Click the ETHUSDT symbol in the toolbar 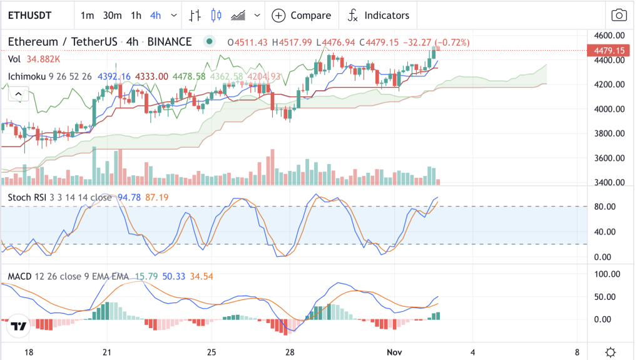(x=29, y=16)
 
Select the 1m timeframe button (x=87, y=16)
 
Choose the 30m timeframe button (x=112, y=16)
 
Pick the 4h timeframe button (x=156, y=16)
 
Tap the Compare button (x=301, y=16)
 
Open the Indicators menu (x=378, y=16)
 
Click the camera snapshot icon (x=619, y=16)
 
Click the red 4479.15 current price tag (x=609, y=50)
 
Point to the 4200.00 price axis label (x=609, y=85)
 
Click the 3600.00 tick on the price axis (x=609, y=158)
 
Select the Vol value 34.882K (x=43, y=59)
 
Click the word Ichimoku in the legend (x=27, y=76)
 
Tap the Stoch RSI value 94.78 (x=129, y=197)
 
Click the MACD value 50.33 (x=173, y=276)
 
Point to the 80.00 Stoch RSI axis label (x=604, y=207)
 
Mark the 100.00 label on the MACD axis (x=607, y=274)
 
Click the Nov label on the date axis (x=394, y=352)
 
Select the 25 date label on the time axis (x=211, y=352)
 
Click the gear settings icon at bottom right (x=610, y=352)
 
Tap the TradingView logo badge (x=18, y=326)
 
